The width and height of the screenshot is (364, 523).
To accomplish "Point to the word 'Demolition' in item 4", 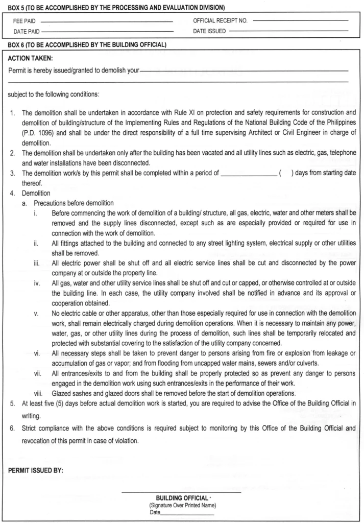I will click(x=36, y=194).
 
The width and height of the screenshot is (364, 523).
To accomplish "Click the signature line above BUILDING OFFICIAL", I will click(x=181, y=491).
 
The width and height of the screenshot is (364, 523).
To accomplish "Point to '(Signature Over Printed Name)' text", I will click(x=181, y=505).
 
